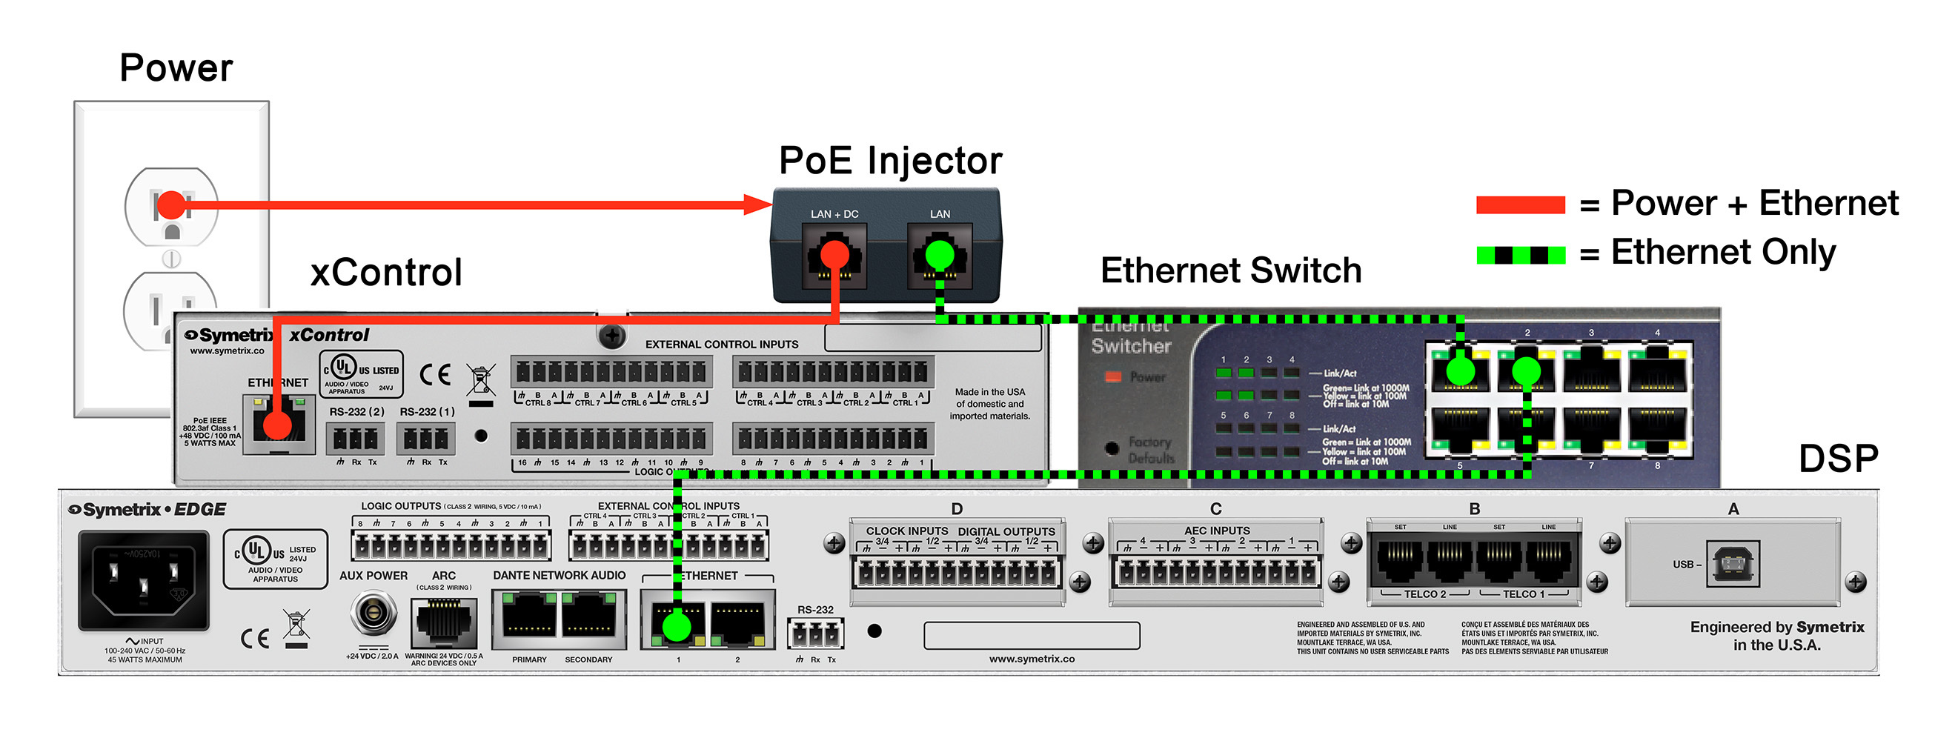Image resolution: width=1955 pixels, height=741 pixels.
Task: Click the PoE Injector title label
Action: click(x=890, y=161)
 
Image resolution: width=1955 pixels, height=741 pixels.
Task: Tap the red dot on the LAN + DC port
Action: click(x=834, y=254)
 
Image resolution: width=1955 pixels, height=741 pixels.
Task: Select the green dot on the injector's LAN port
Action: click(x=940, y=254)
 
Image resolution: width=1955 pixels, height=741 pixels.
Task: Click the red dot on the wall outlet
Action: click(x=171, y=205)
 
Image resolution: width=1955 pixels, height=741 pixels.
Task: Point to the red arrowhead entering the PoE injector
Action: click(x=757, y=205)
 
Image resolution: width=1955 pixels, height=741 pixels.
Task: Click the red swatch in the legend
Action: click(x=1520, y=205)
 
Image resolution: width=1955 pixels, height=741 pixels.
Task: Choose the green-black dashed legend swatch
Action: click(x=1520, y=255)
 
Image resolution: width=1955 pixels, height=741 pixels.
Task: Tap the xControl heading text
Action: click(x=386, y=273)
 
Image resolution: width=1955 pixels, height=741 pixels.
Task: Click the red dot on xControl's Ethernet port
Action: click(x=278, y=426)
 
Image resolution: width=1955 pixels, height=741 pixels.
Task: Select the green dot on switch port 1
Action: click(x=1460, y=371)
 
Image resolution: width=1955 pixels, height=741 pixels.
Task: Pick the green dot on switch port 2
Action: click(x=1526, y=371)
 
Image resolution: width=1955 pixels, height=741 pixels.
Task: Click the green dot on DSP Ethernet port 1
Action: click(x=676, y=626)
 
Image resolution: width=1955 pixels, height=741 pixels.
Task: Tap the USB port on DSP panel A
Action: click(x=1733, y=564)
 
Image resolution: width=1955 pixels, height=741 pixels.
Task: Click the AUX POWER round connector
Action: click(x=373, y=612)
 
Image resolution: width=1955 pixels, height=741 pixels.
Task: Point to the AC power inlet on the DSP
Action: click(x=144, y=580)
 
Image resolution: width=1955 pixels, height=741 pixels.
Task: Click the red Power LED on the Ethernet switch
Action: click(x=1113, y=376)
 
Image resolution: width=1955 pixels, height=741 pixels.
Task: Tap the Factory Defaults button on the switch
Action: click(x=1112, y=448)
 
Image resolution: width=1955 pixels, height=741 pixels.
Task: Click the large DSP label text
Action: click(x=1838, y=459)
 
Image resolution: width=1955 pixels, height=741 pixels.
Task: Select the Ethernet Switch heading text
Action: click(x=1230, y=271)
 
